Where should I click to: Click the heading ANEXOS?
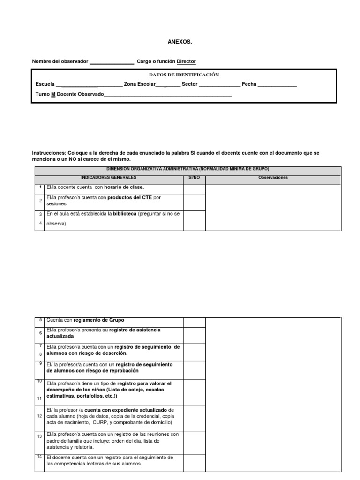click(180, 42)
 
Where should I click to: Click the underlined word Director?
click(186, 61)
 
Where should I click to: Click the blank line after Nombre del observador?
click(112, 62)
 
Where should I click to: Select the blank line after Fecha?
click(277, 85)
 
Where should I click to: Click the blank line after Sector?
click(219, 85)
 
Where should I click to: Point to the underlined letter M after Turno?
click(53, 94)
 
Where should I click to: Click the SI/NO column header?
click(194, 178)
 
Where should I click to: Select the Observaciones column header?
click(273, 178)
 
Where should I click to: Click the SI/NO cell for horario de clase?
click(194, 189)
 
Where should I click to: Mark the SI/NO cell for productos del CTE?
click(194, 202)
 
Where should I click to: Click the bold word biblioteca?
click(124, 213)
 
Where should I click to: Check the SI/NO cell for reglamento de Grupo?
click(194, 322)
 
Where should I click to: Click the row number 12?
click(40, 416)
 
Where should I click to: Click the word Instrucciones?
click(49, 153)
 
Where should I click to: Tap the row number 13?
click(40, 436)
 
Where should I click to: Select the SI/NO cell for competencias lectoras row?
click(194, 462)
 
